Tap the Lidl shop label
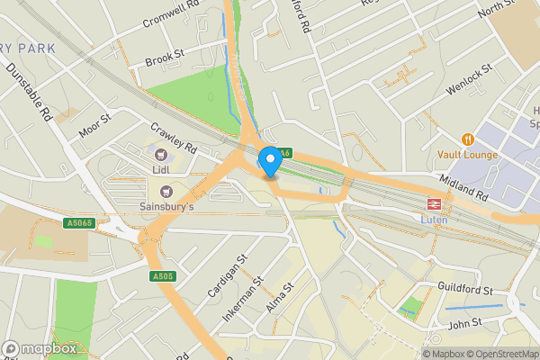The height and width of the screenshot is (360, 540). coord(163,170)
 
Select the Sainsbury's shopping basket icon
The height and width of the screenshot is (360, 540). coord(166,191)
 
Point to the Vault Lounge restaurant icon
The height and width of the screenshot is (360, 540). coord(467,139)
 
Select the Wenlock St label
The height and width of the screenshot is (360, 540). coord(470,79)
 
